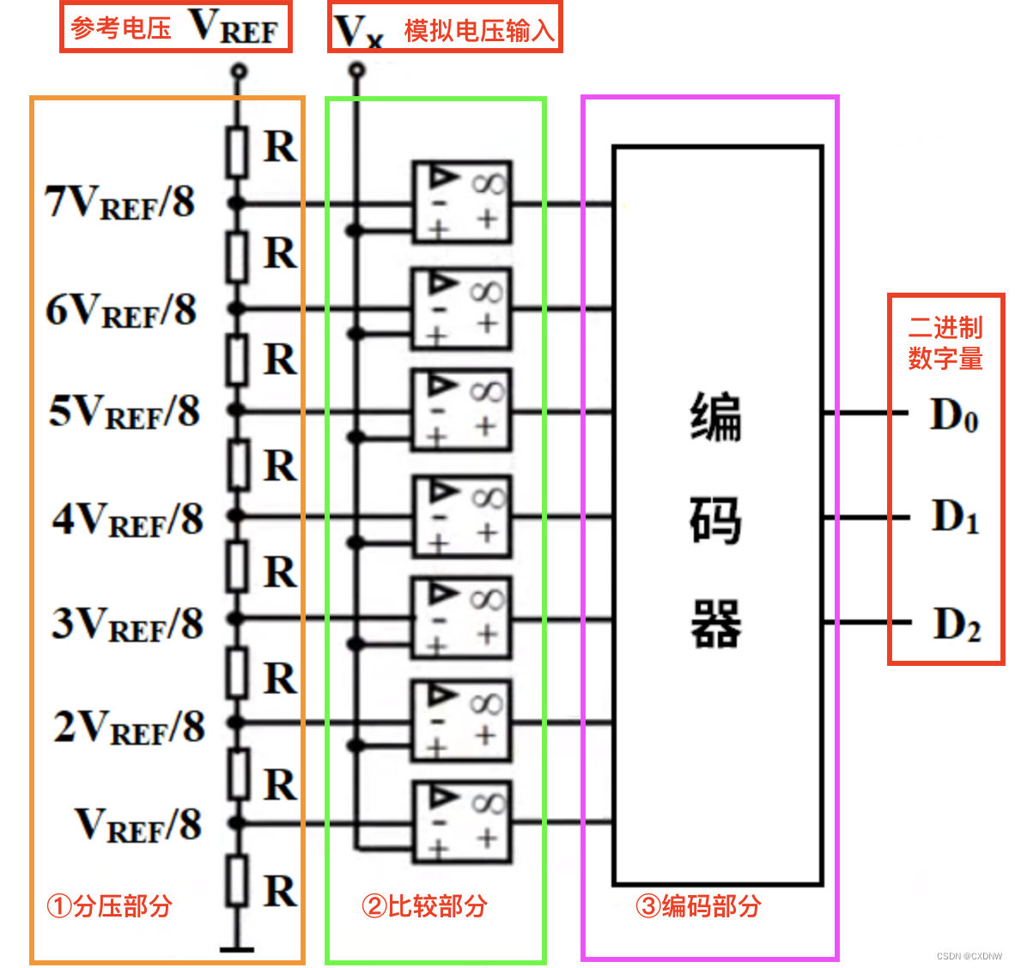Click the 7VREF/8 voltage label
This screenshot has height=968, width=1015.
pos(120,203)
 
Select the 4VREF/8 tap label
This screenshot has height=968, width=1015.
pos(128,519)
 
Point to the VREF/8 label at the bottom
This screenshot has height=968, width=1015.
pos(138,825)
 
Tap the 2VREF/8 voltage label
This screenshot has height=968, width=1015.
pos(130,727)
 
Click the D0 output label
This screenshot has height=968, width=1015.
pos(954,415)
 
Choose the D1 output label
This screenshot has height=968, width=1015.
pos(955,517)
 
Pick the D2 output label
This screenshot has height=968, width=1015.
pos(957,625)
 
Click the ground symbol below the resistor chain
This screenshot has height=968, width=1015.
pos(237,949)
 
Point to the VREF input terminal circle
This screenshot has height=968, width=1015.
pos(239,70)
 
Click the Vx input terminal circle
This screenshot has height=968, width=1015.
pos(356,70)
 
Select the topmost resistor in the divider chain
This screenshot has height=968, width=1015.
pos(238,152)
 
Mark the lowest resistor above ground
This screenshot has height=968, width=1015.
pos(238,880)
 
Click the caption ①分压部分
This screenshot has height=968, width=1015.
pos(109,905)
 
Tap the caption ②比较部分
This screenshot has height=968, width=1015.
pos(424,905)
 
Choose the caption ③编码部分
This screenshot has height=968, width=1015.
pos(698,905)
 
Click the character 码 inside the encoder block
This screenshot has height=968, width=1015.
pos(715,520)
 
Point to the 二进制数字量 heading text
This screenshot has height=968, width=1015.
pos(945,342)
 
